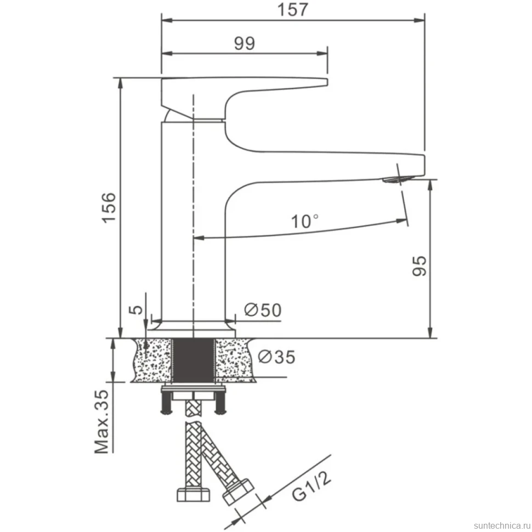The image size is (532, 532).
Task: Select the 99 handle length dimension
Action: [244, 43]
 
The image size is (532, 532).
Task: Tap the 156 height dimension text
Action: [109, 207]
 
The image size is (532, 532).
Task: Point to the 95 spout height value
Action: [420, 266]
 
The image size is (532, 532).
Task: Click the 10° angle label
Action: [305, 222]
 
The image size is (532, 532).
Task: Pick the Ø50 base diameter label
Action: [263, 310]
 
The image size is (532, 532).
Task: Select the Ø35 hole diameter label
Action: [276, 357]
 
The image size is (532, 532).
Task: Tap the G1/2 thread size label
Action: [311, 486]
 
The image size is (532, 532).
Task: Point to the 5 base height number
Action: [137, 309]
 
